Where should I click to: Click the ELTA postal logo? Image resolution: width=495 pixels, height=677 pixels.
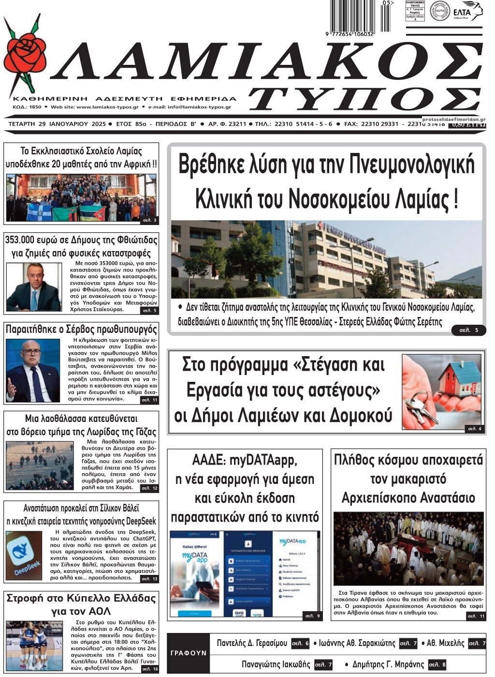click(465, 11)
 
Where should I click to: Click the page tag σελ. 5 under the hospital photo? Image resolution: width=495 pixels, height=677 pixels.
click(468, 330)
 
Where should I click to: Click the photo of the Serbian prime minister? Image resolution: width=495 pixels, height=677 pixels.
click(33, 370)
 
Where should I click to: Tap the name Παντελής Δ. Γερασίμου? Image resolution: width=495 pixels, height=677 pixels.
click(252, 643)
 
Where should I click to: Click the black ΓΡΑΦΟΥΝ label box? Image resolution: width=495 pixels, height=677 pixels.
click(189, 652)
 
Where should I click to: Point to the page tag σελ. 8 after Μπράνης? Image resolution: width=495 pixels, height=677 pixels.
click(437, 664)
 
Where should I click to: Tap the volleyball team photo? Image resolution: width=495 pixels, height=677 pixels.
click(34, 645)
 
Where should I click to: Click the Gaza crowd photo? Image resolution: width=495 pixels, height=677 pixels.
click(40, 465)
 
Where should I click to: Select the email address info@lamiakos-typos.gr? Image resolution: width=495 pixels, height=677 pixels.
click(199, 107)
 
